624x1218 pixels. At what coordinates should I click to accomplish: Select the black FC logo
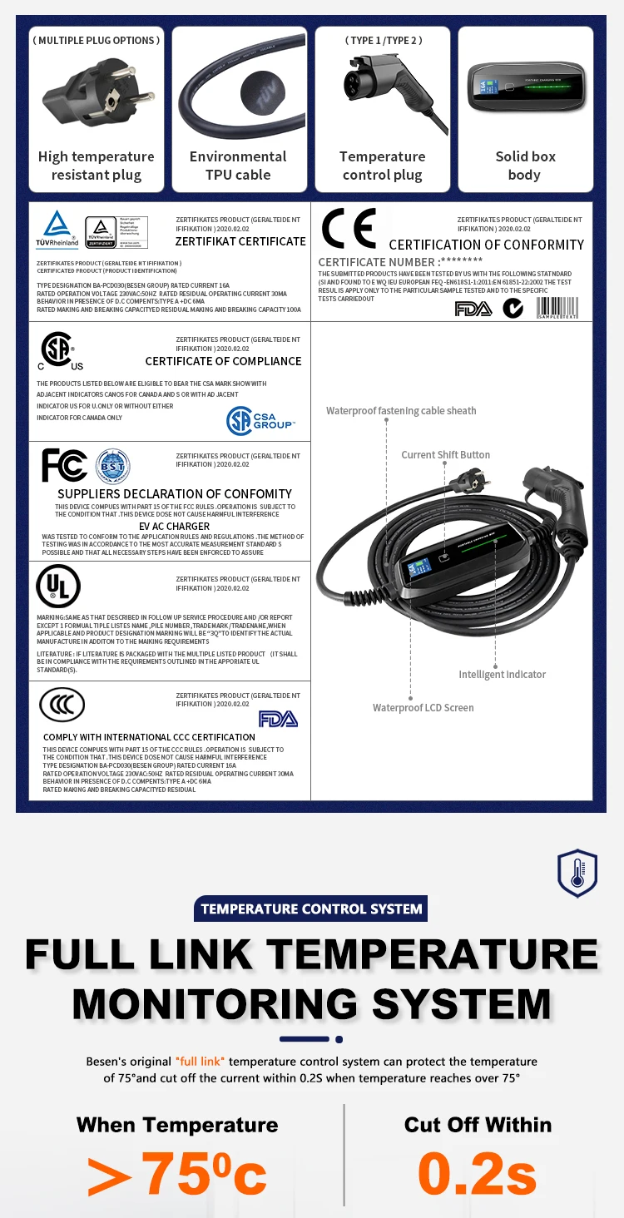(x=64, y=466)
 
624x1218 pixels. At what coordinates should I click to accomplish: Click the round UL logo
(x=58, y=586)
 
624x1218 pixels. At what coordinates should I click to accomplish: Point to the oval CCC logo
(x=62, y=706)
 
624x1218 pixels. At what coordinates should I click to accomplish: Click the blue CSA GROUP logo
(x=260, y=422)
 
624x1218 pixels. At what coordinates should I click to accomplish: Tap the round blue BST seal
(x=112, y=466)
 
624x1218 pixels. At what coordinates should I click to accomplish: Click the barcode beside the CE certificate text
(x=557, y=309)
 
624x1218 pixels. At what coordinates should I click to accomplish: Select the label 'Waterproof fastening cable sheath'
(x=401, y=410)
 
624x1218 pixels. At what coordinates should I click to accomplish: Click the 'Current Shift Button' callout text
(x=446, y=454)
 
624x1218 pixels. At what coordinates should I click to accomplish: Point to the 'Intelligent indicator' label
(x=503, y=674)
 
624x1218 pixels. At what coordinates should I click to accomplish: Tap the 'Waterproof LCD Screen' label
(x=423, y=707)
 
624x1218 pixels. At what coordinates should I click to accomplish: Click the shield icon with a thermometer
(x=577, y=873)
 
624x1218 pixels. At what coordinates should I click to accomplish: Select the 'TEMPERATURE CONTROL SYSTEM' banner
(x=311, y=909)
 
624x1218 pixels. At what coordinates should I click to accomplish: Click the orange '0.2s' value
(x=477, y=1173)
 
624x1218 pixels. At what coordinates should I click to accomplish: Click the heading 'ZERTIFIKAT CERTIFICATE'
(x=240, y=241)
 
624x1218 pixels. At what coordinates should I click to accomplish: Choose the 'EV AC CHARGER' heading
(x=174, y=526)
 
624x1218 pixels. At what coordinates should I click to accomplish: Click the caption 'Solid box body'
(x=524, y=166)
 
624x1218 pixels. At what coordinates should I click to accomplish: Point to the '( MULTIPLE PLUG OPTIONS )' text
(x=97, y=40)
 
